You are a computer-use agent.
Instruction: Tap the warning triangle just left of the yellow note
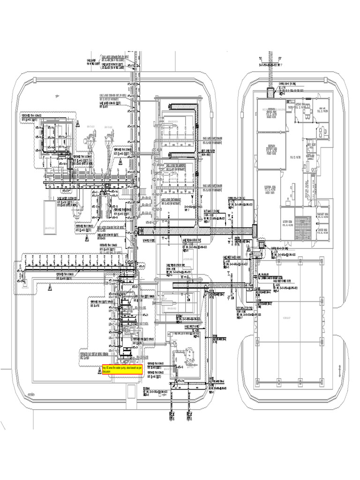coord(99,371)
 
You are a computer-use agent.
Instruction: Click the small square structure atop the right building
coord(271,92)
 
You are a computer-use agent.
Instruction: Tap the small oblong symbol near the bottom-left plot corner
coord(31,395)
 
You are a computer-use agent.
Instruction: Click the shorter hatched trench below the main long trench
coord(211,285)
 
